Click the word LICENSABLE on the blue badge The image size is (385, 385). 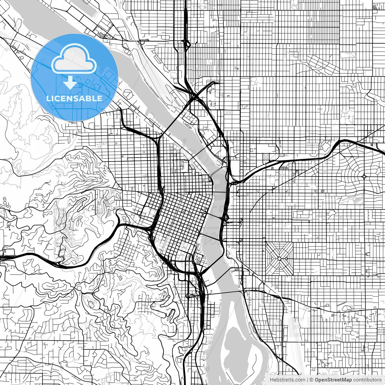pyautogui.click(x=74, y=98)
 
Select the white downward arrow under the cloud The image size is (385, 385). pyautogui.click(x=70, y=82)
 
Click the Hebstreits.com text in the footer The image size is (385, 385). pyautogui.click(x=287, y=380)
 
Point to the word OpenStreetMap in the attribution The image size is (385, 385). pyautogui.click(x=333, y=380)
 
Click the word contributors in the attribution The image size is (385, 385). pyautogui.click(x=367, y=380)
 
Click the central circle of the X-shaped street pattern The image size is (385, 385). pyautogui.click(x=279, y=259)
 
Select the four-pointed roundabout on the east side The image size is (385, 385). pyautogui.click(x=364, y=176)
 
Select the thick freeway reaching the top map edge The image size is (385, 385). pyautogui.click(x=185, y=18)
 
